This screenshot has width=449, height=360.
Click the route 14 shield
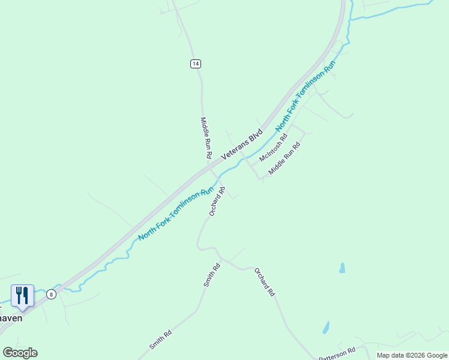[x=196, y=64]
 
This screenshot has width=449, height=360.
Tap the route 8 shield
[x=52, y=294]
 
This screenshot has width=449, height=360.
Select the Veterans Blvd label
[x=242, y=144]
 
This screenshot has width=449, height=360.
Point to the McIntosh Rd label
[x=274, y=148]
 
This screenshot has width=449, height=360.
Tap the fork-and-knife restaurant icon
[x=22, y=295]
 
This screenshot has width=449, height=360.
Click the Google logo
[x=20, y=353]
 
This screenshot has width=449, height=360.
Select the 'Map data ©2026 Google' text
[x=412, y=355]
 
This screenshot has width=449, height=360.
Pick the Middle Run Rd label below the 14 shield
[x=206, y=137]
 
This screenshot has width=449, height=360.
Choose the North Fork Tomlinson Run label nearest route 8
[x=176, y=214]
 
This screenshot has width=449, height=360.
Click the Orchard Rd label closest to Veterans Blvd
[x=217, y=202]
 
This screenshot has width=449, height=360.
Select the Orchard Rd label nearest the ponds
[x=264, y=282]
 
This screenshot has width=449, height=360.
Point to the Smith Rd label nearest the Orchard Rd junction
[x=212, y=275]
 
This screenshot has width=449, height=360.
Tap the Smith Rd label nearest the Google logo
[x=161, y=340]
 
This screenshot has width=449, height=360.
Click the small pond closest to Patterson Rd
[x=326, y=328]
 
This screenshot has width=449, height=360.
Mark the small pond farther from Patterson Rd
[x=342, y=268]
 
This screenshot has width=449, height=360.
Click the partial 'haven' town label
[x=11, y=318]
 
